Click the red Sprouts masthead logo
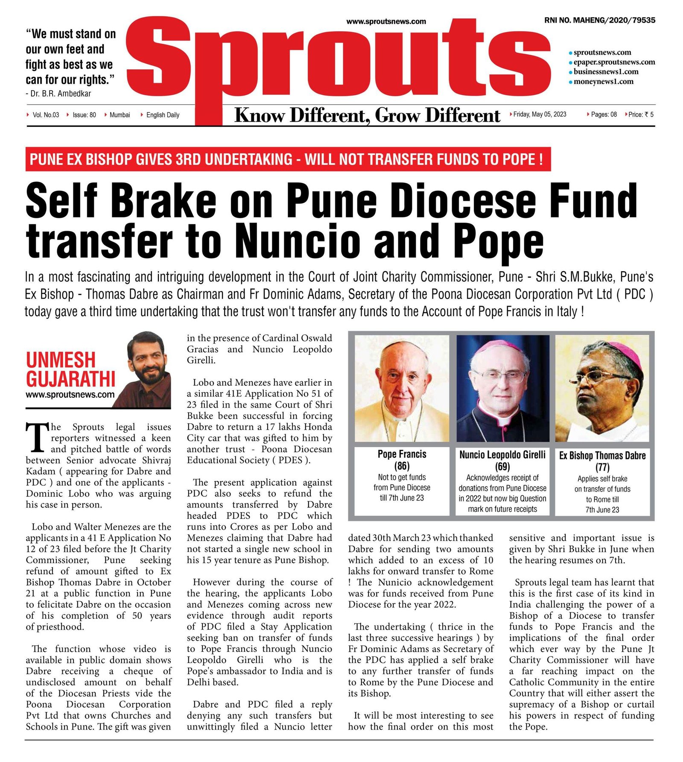point(337,64)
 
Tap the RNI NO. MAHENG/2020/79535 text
point(600,20)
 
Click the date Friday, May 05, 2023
point(540,114)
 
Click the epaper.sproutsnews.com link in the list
point(614,62)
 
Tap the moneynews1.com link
point(603,82)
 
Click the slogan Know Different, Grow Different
point(367,115)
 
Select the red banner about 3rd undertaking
point(288,159)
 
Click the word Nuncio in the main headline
point(298,241)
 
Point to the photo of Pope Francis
point(402,388)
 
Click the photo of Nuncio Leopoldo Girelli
point(502,388)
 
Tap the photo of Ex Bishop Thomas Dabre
point(602,388)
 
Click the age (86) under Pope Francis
point(402,466)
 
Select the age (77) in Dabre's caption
point(602,467)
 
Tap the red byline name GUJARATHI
point(70,379)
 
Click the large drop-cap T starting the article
point(37,437)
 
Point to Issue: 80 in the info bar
point(84,115)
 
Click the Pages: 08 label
point(604,114)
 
